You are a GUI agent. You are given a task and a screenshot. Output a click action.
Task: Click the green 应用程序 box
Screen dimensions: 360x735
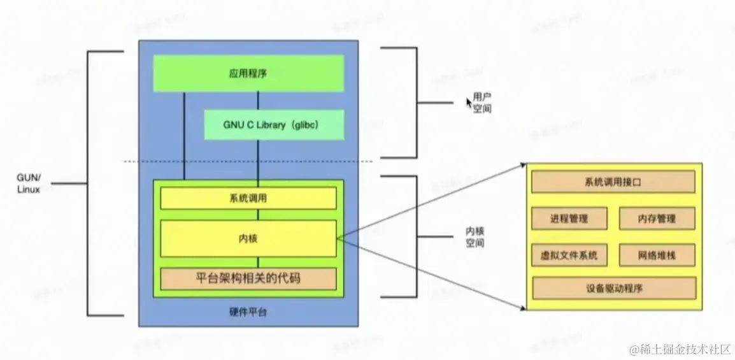tap(248, 73)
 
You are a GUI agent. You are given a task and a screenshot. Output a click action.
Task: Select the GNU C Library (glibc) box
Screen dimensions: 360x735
tap(274, 125)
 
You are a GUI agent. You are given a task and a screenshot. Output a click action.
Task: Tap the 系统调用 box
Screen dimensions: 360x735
tap(248, 198)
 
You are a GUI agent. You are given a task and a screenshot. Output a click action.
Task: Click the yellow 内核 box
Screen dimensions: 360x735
tap(248, 238)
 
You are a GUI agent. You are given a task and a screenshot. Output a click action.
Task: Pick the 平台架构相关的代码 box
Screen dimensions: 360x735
tap(248, 278)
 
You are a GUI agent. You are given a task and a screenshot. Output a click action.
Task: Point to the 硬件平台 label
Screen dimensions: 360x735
tap(248, 312)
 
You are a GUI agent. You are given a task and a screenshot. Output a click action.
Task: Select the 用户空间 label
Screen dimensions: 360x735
tap(482, 103)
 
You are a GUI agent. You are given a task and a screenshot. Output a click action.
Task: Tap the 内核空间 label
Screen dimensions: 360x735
tap(475, 237)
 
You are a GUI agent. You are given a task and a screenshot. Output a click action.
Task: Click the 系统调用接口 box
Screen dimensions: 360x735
tap(613, 182)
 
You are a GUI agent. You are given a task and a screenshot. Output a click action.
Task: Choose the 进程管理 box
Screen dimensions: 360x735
tap(569, 219)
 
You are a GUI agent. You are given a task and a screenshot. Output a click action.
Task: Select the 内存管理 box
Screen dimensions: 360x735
tap(657, 219)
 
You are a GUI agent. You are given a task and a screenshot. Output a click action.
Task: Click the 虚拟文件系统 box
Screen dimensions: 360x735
tap(569, 256)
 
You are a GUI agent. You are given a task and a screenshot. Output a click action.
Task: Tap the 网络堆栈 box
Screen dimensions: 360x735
tap(657, 256)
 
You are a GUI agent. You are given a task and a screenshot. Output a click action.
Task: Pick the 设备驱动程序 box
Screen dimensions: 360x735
tap(613, 288)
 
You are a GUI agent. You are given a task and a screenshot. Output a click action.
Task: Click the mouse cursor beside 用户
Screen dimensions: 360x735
tap(469, 101)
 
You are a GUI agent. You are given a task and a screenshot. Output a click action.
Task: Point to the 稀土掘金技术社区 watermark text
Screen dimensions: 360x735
tap(680, 349)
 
